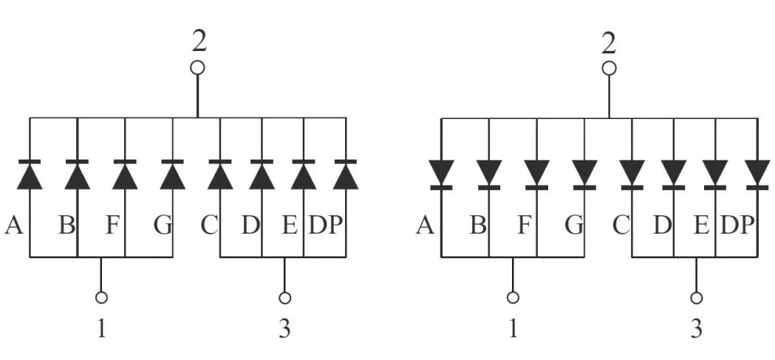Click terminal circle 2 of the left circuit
coord(198,68)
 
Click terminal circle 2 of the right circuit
coord(610,68)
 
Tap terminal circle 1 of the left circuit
coord(101,298)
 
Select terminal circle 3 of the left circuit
coord(284,298)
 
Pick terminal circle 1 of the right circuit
coord(513,298)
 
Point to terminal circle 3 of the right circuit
coord(697,298)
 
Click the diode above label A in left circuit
coord(30,174)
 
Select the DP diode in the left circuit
coord(346,174)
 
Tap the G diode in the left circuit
coord(172,174)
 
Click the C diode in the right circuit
coord(632,174)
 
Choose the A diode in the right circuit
coord(441,174)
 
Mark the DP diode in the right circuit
coord(757,174)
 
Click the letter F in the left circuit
coord(113,225)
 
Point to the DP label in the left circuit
coord(325,225)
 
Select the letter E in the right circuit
coord(701,225)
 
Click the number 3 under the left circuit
coord(284,328)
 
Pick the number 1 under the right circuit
coord(513,328)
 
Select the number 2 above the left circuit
coord(199,43)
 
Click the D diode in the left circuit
coord(262,174)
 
